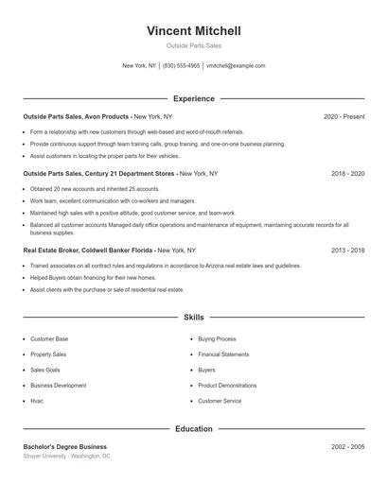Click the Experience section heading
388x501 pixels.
(x=193, y=98)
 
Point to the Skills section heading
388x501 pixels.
(x=193, y=318)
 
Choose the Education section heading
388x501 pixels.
(x=193, y=428)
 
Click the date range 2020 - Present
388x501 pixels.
(x=344, y=116)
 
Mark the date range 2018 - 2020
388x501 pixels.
(x=347, y=174)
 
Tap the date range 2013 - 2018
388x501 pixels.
(x=347, y=250)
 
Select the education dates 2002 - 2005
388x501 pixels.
(x=347, y=446)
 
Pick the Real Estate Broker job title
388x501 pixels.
(x=88, y=250)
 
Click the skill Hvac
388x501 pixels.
(x=37, y=401)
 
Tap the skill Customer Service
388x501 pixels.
(x=219, y=401)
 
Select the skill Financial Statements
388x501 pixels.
(x=223, y=354)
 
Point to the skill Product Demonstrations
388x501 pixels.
(x=226, y=386)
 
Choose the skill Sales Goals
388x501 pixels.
(x=44, y=370)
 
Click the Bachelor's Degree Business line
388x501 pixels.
(x=64, y=446)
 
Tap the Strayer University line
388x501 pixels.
(x=66, y=456)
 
